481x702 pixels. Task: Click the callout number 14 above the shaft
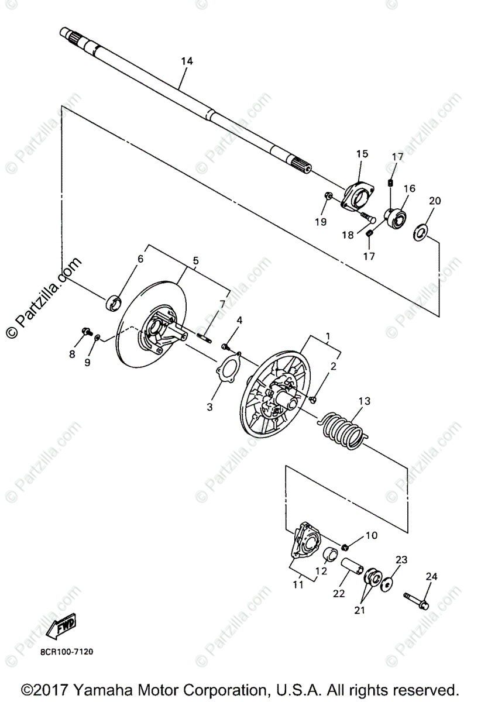[187, 61]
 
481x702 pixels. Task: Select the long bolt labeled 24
[416, 599]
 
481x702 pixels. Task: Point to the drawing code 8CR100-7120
[67, 651]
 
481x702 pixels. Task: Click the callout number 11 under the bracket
[298, 584]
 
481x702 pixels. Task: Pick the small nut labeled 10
[346, 547]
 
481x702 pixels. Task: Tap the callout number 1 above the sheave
[328, 336]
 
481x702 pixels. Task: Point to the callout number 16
[408, 188]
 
